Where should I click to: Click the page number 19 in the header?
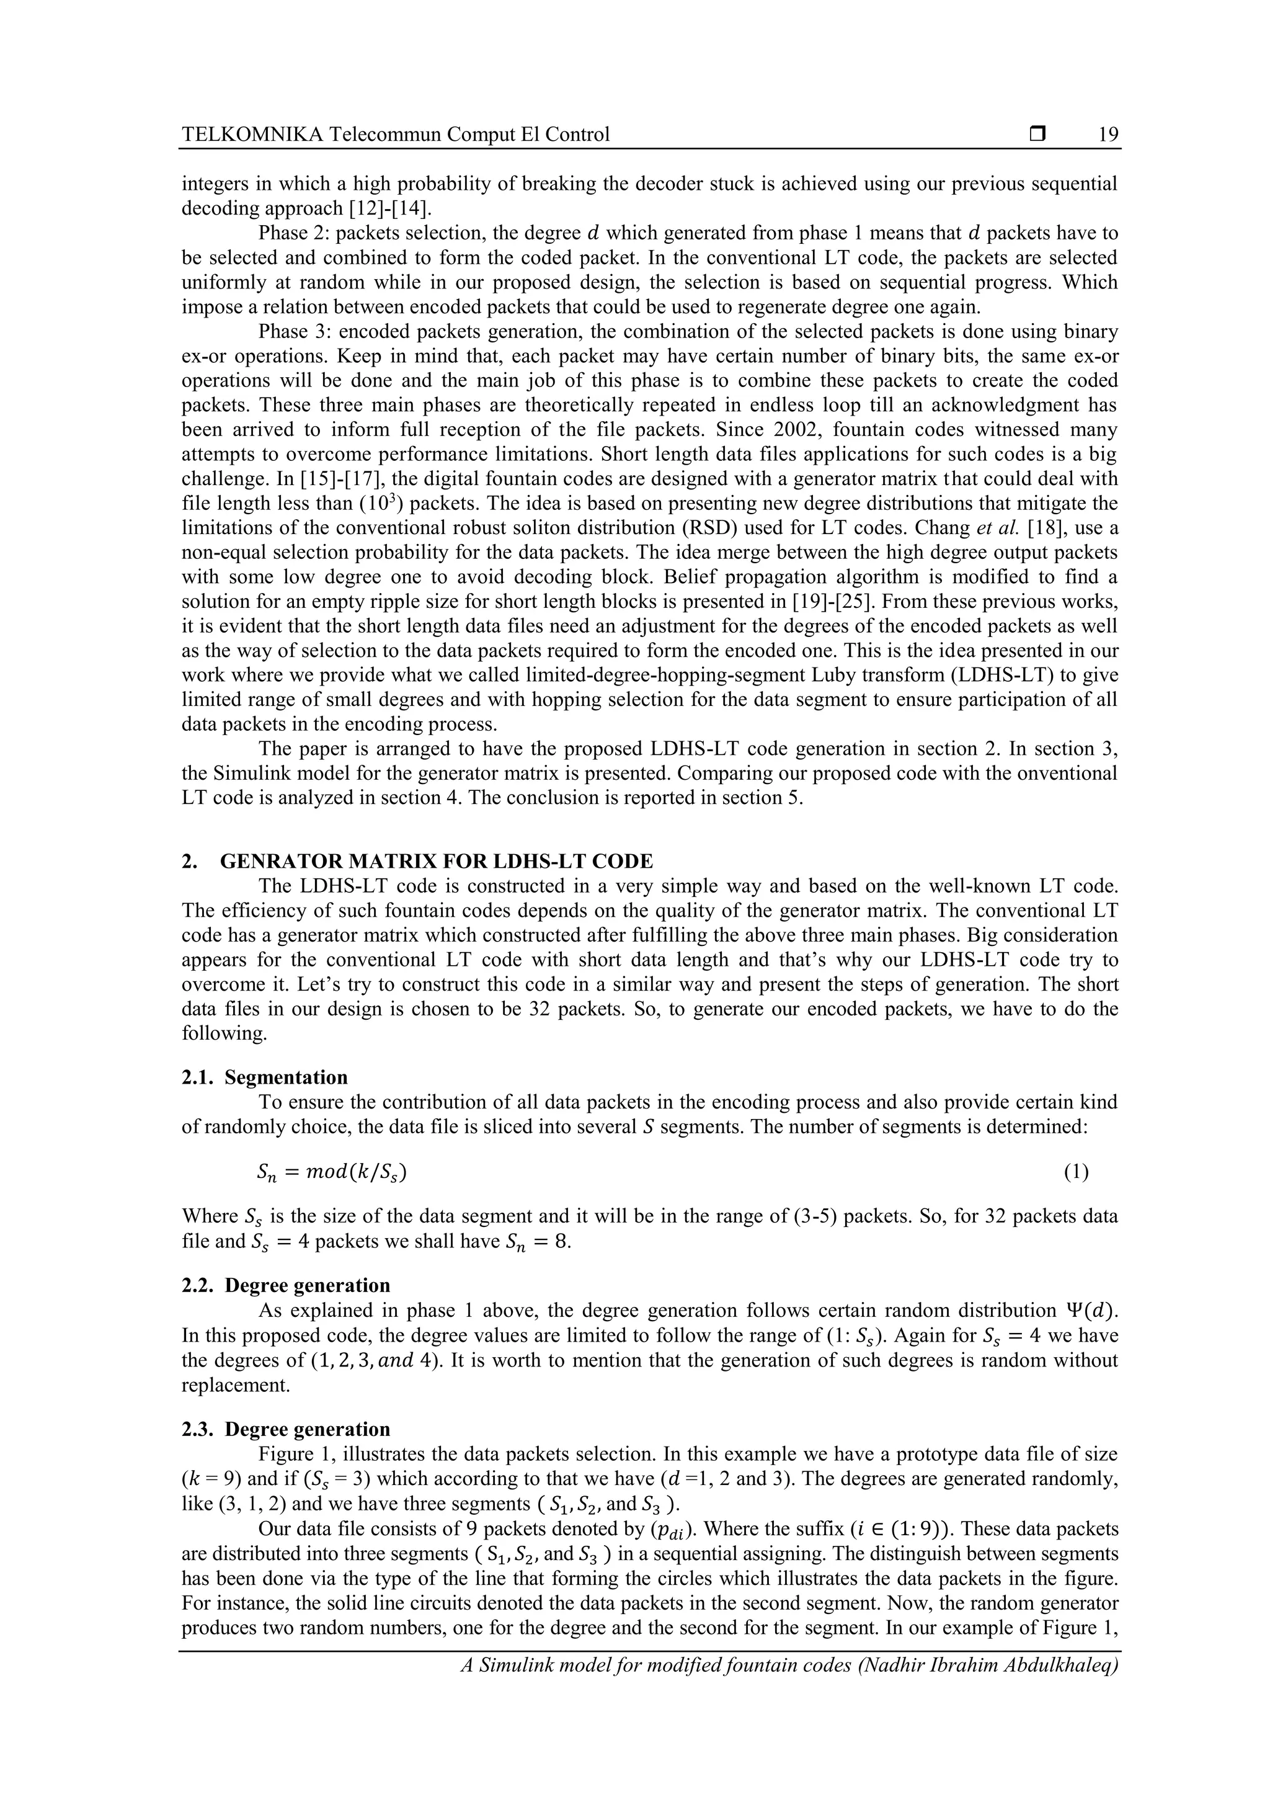point(1108,135)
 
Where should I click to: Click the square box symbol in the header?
point(1037,135)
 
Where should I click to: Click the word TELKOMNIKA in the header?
point(252,135)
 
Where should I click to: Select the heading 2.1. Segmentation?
point(265,1077)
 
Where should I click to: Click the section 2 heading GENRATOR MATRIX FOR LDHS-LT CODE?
point(436,862)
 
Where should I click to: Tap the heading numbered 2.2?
point(286,1285)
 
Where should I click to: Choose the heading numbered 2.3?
point(286,1429)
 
